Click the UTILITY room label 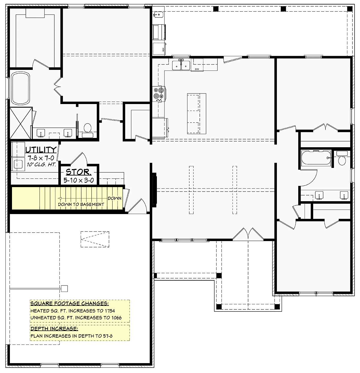pos(41,150)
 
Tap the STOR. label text pos(78,172)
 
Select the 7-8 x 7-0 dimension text pos(41,158)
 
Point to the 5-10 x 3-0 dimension pos(79,181)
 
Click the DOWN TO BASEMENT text pos(81,204)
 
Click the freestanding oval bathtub pos(20,88)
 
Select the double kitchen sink pos(181,65)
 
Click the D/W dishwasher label pos(197,69)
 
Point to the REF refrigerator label pos(163,49)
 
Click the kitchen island pos(196,114)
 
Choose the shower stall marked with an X pos(21,123)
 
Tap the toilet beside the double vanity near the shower pos(88,130)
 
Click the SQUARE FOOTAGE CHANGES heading pos(70,303)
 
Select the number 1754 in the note pos(110,311)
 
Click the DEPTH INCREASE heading pos(54,329)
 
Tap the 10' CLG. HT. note pos(41,164)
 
